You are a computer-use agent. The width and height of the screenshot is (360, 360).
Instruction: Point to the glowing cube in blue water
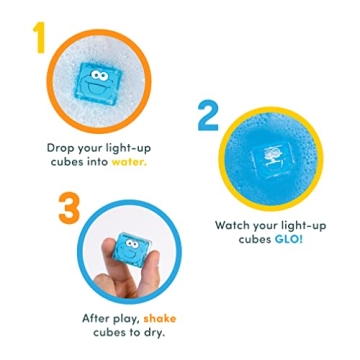(x=272, y=156)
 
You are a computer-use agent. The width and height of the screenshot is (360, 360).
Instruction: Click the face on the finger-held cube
(x=129, y=244)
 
